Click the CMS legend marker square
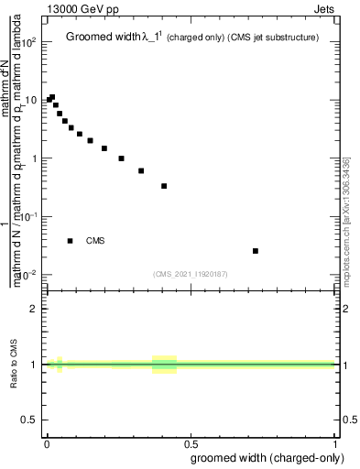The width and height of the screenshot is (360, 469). (x=70, y=241)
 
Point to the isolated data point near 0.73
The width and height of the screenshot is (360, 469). (x=256, y=251)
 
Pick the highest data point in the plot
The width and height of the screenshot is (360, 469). (x=52, y=97)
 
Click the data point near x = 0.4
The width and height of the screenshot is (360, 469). (x=164, y=186)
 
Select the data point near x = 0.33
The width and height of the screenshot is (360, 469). (x=141, y=170)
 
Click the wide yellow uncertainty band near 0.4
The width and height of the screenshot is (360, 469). (x=164, y=364)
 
